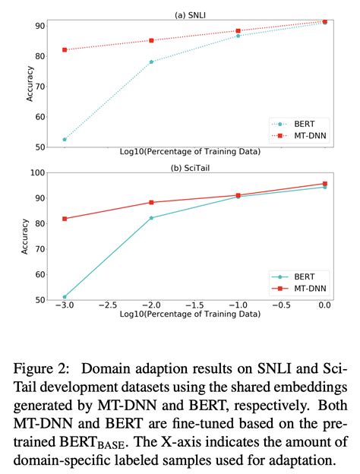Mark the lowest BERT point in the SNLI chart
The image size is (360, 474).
65,139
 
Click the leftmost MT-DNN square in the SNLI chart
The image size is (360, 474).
65,49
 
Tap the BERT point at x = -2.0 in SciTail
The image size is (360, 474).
151,218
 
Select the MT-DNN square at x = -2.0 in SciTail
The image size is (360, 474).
151,202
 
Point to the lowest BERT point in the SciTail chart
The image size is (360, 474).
65,297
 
